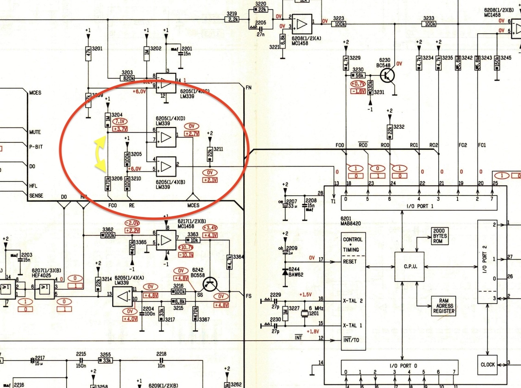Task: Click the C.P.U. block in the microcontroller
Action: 409,267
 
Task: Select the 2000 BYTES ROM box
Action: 440,236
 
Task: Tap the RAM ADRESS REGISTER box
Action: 443,306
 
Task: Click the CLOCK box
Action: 487,364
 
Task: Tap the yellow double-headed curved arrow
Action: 100,153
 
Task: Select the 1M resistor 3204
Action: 107,121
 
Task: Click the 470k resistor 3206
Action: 107,183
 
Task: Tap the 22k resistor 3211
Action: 210,153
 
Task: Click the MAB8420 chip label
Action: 350,224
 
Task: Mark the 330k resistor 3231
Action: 370,87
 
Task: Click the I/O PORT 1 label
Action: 420,206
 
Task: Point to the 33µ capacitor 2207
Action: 285,205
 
